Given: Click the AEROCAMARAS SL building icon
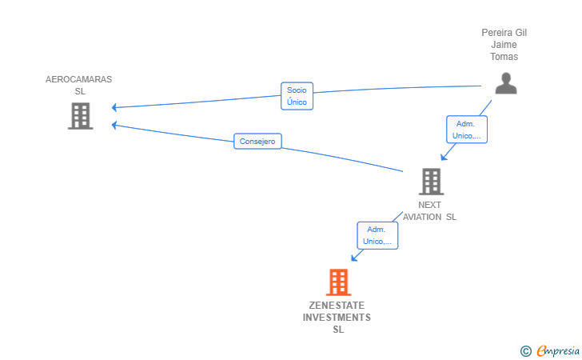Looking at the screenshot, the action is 80,116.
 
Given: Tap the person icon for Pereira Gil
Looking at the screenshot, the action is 506,83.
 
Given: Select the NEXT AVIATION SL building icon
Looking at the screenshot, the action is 432,182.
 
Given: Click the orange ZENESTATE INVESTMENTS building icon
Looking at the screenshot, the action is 338,282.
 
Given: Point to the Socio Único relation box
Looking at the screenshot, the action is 297,96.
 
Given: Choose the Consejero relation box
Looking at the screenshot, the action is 257,141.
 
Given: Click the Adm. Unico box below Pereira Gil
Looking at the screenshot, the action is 467,130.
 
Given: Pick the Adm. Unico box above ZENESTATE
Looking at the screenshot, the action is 377,235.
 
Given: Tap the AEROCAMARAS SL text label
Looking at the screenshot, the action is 78,85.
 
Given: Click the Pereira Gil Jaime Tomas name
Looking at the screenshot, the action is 504,45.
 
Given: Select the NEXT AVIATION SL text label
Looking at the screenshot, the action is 429,211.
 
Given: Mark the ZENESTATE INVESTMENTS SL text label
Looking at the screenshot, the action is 337,318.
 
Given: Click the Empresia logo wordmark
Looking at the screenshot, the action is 558,350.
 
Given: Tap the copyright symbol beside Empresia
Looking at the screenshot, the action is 526,351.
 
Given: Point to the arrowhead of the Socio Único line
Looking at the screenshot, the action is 114,107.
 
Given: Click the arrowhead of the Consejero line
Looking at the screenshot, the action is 114,126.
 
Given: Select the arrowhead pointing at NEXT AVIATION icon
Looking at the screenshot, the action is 444,157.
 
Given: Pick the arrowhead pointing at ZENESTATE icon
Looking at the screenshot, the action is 354,258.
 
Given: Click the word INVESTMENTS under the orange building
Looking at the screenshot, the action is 337,318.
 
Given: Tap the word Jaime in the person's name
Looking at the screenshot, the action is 504,45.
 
